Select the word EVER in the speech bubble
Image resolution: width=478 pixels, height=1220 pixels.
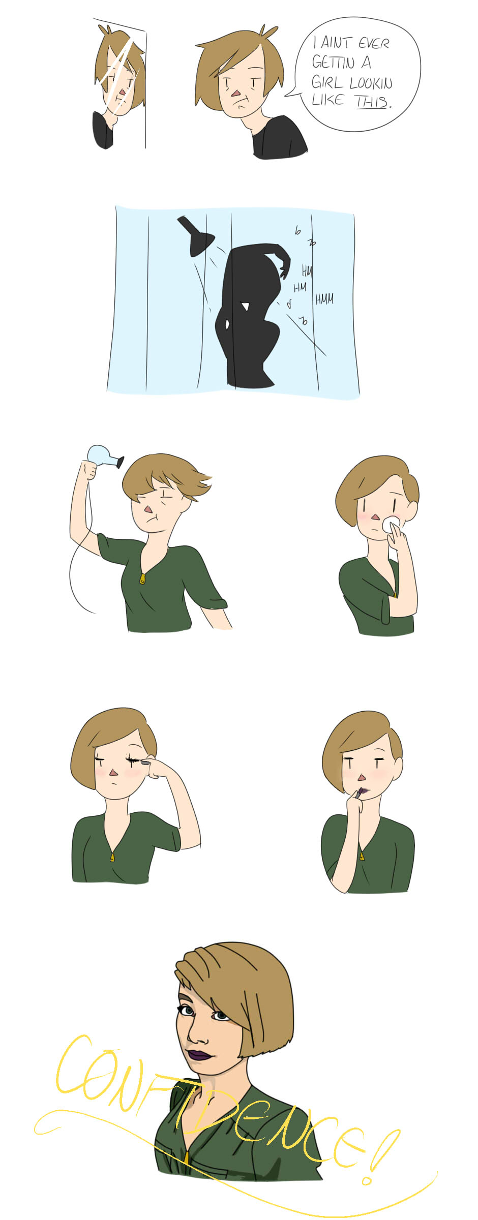pos(374,44)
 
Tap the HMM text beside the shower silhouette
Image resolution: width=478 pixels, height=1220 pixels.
pos(324,299)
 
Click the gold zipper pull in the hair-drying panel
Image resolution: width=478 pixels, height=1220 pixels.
pos(143,578)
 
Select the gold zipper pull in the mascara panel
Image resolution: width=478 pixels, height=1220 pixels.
pos(112,857)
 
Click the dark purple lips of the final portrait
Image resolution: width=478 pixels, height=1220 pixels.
pos(199,1055)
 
